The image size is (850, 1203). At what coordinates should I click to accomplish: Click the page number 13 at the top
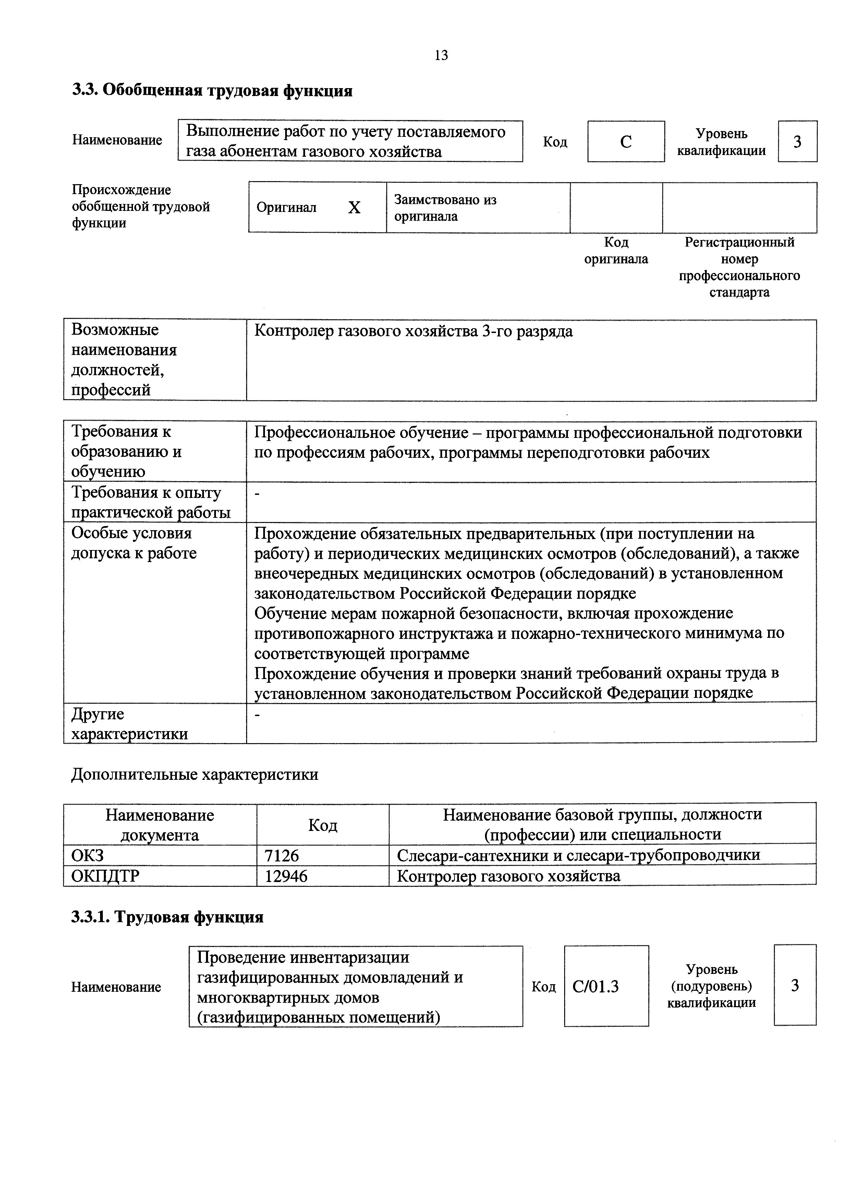tap(441, 56)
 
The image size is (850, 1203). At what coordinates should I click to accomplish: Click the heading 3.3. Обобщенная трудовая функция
tap(212, 91)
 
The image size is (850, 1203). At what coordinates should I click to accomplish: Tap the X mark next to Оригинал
tap(354, 208)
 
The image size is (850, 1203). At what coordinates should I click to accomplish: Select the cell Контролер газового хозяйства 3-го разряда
tap(413, 332)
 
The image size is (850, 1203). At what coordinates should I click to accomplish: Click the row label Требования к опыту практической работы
tap(151, 502)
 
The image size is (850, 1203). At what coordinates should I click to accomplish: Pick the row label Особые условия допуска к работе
tap(134, 543)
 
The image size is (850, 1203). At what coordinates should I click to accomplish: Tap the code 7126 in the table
tap(281, 856)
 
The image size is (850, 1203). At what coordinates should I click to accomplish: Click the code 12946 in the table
tap(286, 876)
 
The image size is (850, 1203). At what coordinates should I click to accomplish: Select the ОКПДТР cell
tap(105, 876)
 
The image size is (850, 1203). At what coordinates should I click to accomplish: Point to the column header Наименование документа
tap(160, 825)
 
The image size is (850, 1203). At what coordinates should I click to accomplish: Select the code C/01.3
tap(595, 987)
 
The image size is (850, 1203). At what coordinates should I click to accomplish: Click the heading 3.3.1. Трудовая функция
tap(168, 917)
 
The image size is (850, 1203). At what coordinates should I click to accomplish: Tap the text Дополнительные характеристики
tap(194, 774)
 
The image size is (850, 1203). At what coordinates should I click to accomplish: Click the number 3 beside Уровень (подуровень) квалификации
tap(794, 986)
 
